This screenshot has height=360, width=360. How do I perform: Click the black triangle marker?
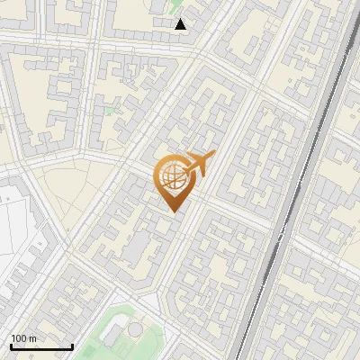pos(181,24)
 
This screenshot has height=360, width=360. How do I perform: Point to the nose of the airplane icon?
pos(212,157)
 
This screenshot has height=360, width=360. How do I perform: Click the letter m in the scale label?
pos(32,339)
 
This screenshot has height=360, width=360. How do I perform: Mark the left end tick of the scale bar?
pos(10,346)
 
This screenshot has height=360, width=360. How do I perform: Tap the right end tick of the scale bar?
pos(72,346)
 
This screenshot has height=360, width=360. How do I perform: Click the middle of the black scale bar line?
pos(40,347)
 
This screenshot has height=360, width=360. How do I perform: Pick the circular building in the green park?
pos(134,330)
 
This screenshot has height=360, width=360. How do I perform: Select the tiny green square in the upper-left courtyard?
pos(109,112)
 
